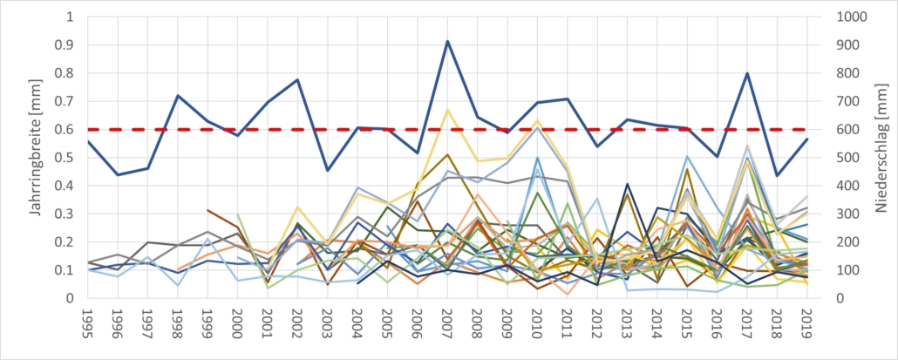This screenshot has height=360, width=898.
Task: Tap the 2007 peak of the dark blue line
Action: (x=447, y=41)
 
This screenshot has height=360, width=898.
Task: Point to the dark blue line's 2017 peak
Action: (x=747, y=73)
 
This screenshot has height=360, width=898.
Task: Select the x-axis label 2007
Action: (x=447, y=330)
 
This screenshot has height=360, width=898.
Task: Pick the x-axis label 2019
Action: (x=807, y=330)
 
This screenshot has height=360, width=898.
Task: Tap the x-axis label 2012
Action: (x=597, y=330)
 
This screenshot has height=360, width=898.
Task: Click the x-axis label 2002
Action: (x=297, y=330)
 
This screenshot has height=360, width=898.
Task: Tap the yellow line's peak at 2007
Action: (x=447, y=110)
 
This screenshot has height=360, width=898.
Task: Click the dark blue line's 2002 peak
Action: (x=297, y=80)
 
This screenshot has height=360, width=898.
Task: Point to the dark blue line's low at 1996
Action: (x=118, y=175)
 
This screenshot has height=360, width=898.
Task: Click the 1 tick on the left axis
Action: (x=71, y=17)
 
